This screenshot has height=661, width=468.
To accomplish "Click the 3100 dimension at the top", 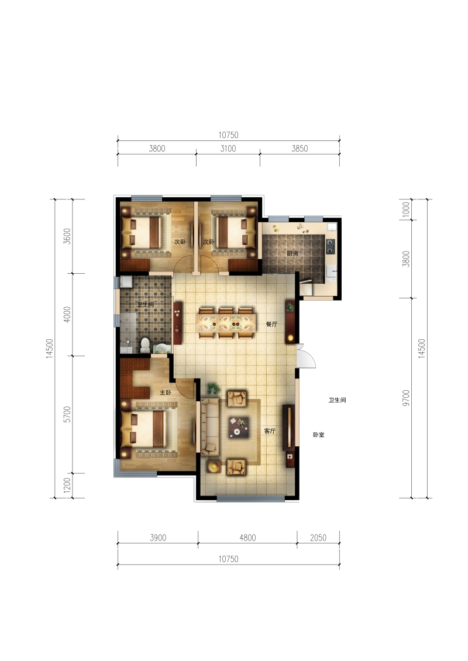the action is (x=228, y=149).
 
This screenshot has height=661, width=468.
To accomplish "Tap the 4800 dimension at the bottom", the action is (x=247, y=538).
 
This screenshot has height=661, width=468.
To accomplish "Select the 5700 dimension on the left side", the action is (x=67, y=414).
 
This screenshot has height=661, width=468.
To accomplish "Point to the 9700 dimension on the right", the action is (x=405, y=398).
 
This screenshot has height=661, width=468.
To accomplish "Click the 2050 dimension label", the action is (x=318, y=538).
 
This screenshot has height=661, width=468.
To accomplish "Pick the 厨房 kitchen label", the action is (x=292, y=253).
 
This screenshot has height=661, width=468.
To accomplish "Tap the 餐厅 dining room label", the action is (x=271, y=324).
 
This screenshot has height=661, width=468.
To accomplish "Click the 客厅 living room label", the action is (x=270, y=431).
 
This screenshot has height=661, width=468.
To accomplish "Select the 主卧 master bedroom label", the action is (x=166, y=393).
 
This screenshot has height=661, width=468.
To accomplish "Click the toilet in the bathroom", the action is (x=145, y=345).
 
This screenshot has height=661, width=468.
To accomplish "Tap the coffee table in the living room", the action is (x=239, y=427).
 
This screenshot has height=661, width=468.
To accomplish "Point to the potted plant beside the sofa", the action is (x=213, y=388).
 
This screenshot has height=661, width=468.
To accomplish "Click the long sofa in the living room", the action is (x=210, y=426).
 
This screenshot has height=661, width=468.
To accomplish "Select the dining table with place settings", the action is (x=226, y=323).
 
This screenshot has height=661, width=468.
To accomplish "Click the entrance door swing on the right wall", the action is (x=307, y=356).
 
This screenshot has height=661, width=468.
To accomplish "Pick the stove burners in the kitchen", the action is (x=330, y=246).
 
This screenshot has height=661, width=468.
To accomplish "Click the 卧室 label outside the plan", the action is (x=319, y=435).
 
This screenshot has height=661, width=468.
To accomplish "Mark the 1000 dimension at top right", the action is (x=405, y=209).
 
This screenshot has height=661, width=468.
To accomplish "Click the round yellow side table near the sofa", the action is (x=214, y=466).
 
